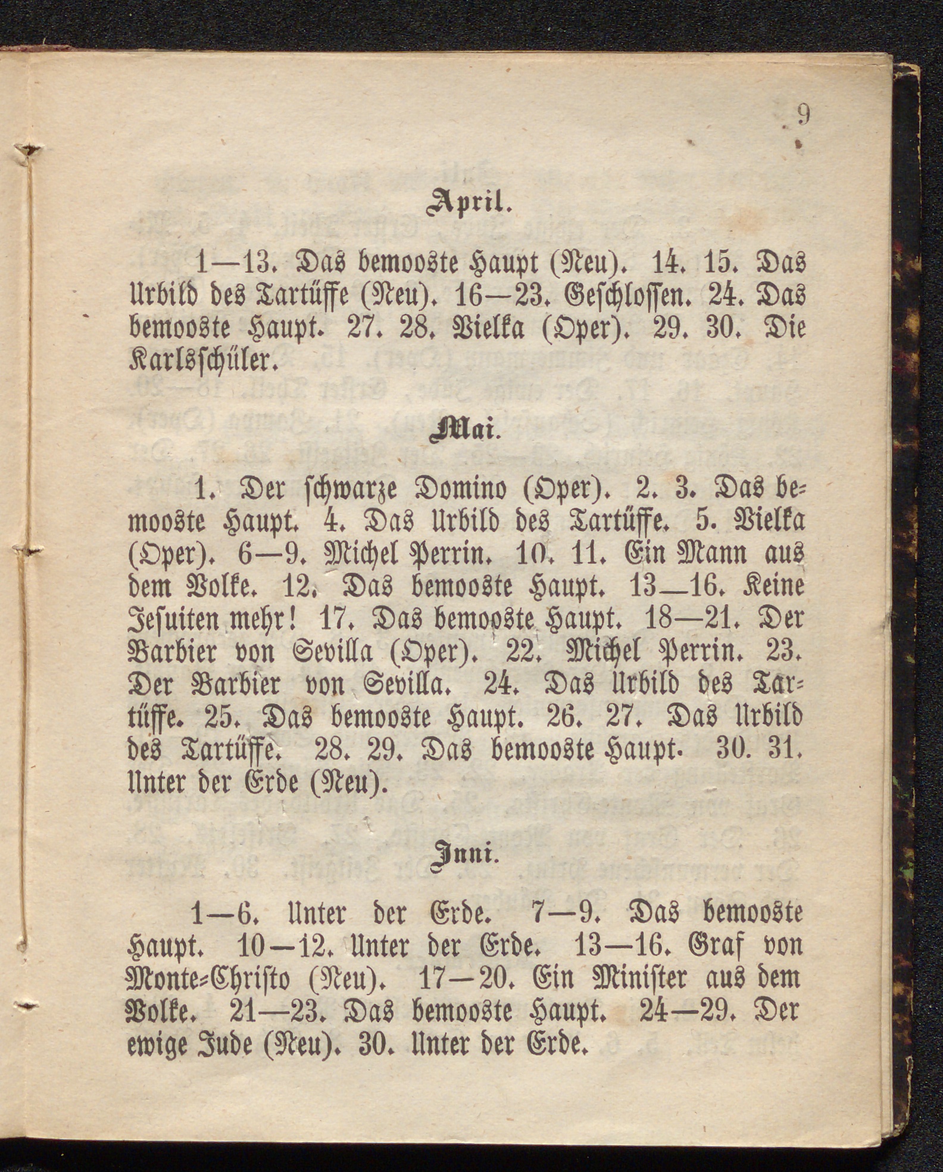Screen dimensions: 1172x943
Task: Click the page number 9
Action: (803, 115)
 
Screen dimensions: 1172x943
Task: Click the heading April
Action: (470, 203)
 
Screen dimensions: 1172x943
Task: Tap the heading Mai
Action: (465, 431)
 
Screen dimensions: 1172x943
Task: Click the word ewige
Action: (158, 1046)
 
